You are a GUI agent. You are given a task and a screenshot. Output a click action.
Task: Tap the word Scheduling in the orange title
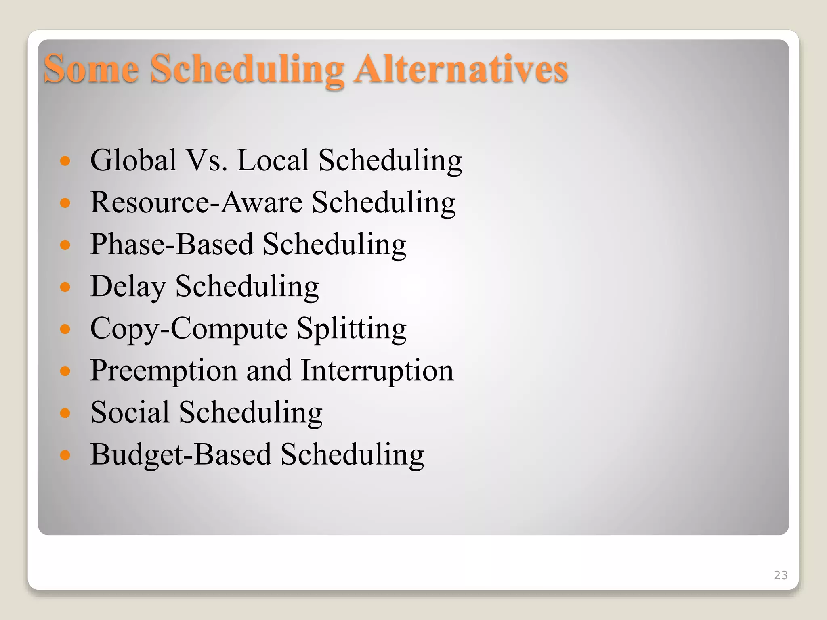(247, 69)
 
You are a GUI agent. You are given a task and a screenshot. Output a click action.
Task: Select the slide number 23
(781, 575)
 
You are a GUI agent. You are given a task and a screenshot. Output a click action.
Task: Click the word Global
(134, 160)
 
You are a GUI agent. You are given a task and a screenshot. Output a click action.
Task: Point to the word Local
(273, 160)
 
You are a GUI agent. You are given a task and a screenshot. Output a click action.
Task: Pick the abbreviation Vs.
(205, 160)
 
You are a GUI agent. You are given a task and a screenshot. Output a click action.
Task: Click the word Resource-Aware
(196, 202)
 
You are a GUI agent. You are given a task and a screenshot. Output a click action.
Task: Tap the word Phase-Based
(172, 244)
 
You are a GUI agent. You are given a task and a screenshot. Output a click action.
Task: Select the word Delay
(128, 287)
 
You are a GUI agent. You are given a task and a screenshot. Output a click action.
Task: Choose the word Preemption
(164, 371)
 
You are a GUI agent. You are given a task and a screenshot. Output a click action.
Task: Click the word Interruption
(378, 371)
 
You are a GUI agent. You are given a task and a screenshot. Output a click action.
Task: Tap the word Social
(130, 413)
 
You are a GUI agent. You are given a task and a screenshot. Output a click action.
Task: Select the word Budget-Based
(181, 455)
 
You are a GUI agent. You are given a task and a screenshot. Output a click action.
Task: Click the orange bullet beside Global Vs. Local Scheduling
(65, 161)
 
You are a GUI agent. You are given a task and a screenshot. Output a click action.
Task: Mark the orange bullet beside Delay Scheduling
(65, 287)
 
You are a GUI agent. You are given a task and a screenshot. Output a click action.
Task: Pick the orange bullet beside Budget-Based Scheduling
(65, 455)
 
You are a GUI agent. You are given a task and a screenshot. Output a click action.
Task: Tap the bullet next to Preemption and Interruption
(65, 371)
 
